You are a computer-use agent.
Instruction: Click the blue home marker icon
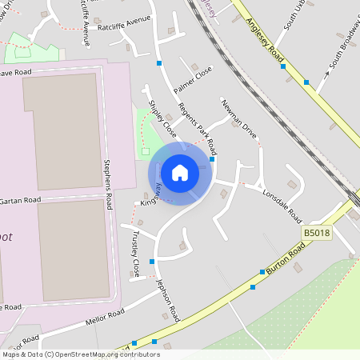pos(180,172)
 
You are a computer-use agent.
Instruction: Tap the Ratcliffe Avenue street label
pos(124,26)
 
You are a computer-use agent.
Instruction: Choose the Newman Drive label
pos(239,119)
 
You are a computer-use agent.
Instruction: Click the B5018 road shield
pos(315,232)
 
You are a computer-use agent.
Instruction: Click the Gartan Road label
pos(20,200)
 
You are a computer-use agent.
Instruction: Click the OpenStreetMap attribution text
pos(80,354)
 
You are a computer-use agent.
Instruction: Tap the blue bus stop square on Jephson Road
pos(151,260)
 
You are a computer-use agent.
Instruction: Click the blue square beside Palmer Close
pos(159,62)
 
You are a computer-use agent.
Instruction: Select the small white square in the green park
pos(145,150)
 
